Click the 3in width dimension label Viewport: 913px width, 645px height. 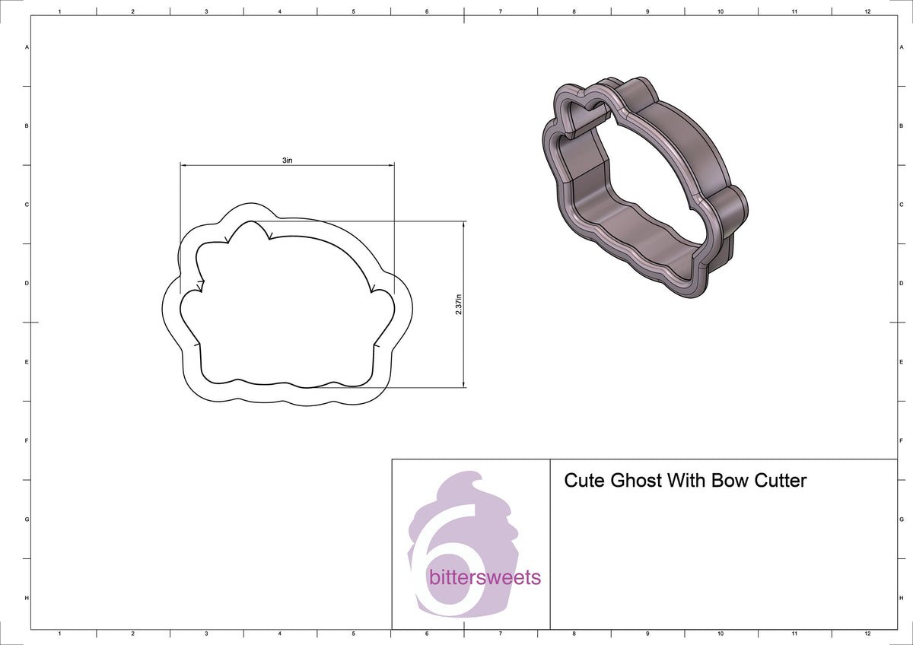tap(287, 160)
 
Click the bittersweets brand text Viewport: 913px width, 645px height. tap(485, 577)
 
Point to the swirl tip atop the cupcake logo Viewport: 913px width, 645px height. tap(478, 477)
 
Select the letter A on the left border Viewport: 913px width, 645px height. tap(27, 47)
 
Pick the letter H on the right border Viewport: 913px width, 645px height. tap(901, 598)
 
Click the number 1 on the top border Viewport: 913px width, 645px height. tap(59, 11)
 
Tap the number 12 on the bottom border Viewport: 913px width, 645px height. tap(867, 634)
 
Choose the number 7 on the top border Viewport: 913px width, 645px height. tap(500, 11)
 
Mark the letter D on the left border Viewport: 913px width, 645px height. tap(27, 283)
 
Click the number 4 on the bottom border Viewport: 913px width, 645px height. tap(280, 634)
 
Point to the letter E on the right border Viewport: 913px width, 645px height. tap(901, 362)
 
